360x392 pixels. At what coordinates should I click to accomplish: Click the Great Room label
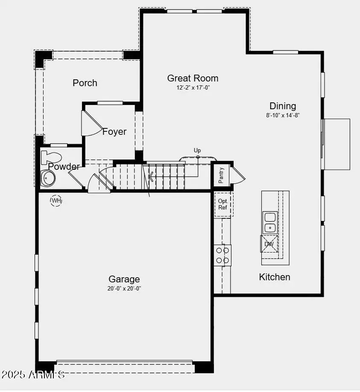pyautogui.click(x=193, y=78)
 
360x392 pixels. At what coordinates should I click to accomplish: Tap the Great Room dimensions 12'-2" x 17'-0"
pyautogui.click(x=193, y=87)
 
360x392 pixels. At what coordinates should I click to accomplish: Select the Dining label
pyautogui.click(x=283, y=106)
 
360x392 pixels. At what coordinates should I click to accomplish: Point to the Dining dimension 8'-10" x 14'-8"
pyautogui.click(x=283, y=115)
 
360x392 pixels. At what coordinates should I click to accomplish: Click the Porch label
pyautogui.click(x=85, y=83)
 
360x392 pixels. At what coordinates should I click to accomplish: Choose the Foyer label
pyautogui.click(x=114, y=131)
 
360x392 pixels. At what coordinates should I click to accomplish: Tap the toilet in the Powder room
pyautogui.click(x=50, y=157)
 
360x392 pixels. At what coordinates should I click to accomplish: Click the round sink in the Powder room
pyautogui.click(x=47, y=178)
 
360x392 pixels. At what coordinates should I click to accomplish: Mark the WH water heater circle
pyautogui.click(x=56, y=200)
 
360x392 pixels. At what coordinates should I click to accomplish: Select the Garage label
pyautogui.click(x=124, y=279)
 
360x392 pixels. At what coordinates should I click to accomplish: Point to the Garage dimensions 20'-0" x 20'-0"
pyautogui.click(x=124, y=288)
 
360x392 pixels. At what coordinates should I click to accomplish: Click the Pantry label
pyautogui.click(x=222, y=175)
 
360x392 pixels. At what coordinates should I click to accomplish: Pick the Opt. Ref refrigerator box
pyautogui.click(x=223, y=204)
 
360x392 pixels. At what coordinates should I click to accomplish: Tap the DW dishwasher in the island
pyautogui.click(x=269, y=244)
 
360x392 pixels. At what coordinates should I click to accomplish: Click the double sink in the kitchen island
pyautogui.click(x=270, y=222)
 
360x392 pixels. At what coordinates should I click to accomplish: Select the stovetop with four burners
pyautogui.click(x=222, y=255)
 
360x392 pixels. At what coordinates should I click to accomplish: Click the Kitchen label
pyautogui.click(x=275, y=277)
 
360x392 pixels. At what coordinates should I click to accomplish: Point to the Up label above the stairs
pyautogui.click(x=197, y=150)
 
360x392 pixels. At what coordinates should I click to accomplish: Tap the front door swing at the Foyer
pyautogui.click(x=88, y=124)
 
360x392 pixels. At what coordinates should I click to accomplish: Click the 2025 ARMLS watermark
pyautogui.click(x=33, y=375)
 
